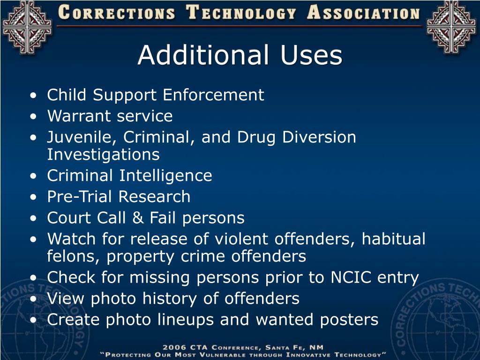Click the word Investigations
[103, 154]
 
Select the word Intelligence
[165, 176]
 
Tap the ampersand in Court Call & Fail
[140, 218]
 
